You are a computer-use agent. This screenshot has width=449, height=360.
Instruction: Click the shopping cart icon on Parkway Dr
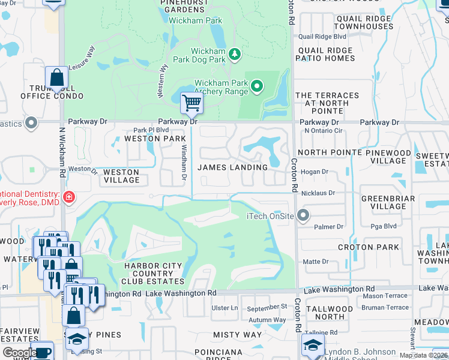(x=191, y=103)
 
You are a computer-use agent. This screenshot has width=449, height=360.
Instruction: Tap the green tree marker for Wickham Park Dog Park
(x=234, y=55)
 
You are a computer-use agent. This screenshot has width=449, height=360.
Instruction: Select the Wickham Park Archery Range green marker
(x=257, y=87)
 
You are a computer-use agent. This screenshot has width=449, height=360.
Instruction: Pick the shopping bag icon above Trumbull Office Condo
(x=56, y=78)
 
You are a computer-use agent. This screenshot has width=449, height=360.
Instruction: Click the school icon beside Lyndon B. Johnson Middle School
(x=312, y=345)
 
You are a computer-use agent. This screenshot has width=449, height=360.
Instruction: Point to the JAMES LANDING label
(x=232, y=167)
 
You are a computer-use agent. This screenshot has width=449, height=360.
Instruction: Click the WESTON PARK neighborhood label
(x=154, y=139)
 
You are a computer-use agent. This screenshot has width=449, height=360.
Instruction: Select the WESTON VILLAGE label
(x=121, y=176)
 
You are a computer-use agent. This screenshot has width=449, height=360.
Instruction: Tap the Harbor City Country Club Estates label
(x=148, y=274)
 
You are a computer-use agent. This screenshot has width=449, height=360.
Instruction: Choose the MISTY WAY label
(x=238, y=335)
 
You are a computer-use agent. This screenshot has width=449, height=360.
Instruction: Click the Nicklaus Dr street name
(x=318, y=193)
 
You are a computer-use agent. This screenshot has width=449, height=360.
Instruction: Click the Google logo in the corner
(x=20, y=353)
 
